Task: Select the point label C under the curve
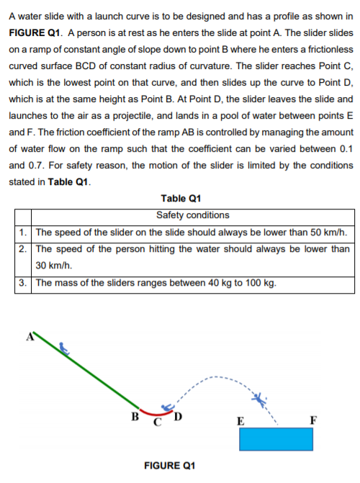[157, 421]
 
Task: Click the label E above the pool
[240, 421]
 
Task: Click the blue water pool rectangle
[276, 439]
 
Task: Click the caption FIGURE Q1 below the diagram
[170, 466]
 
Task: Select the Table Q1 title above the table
[181, 199]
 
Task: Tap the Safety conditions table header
[192, 215]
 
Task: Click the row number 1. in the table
[24, 233]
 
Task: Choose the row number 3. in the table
[24, 283]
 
